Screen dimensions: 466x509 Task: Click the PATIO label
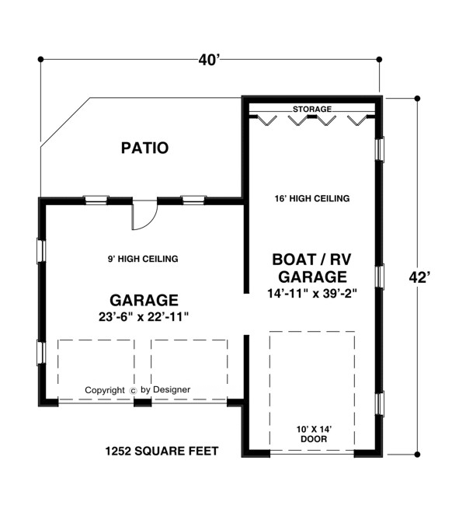144,148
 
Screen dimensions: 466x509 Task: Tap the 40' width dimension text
210,60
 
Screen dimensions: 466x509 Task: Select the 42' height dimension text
419,277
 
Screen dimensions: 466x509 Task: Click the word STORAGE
312,109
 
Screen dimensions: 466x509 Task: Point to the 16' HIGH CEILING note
312,198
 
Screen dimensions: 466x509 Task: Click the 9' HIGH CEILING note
143,259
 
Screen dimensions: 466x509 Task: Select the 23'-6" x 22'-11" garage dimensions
144,317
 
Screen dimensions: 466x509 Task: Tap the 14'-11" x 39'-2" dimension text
312,294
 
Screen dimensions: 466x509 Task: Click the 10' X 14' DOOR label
314,434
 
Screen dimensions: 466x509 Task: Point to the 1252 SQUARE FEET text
162,451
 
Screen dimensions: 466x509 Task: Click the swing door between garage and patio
144,215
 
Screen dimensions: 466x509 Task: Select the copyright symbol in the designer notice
133,391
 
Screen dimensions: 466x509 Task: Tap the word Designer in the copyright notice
172,389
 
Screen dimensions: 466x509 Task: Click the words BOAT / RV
311,260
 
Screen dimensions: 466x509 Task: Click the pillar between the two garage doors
143,403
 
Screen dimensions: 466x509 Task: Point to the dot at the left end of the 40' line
40,59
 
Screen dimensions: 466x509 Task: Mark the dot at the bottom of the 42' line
417,455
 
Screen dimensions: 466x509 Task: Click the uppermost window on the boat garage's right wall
380,149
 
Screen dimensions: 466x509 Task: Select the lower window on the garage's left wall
41,353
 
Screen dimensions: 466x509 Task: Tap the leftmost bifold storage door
266,120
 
